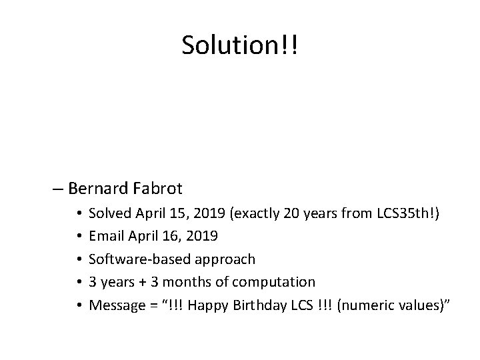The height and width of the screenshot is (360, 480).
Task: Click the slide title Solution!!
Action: point(240,45)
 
